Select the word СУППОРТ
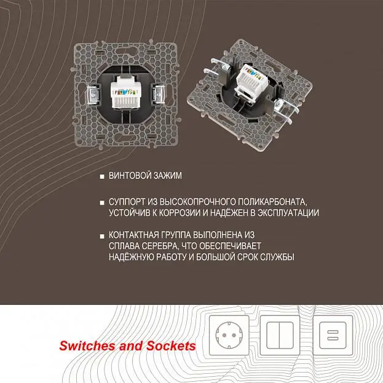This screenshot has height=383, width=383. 127,202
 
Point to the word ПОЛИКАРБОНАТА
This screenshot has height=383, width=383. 272,202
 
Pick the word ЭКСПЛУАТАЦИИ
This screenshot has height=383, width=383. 288,213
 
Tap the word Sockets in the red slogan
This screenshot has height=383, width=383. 171,346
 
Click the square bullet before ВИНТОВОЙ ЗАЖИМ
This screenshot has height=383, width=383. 102,176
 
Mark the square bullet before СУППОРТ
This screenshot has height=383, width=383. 102,203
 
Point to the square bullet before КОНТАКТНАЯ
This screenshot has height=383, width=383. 102,236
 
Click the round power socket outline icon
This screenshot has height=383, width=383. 229,335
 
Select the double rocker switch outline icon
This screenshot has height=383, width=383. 280,335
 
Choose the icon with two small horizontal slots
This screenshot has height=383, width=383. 333,335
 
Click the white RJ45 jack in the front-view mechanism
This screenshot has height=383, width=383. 124,92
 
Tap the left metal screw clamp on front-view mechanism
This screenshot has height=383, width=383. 93,95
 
